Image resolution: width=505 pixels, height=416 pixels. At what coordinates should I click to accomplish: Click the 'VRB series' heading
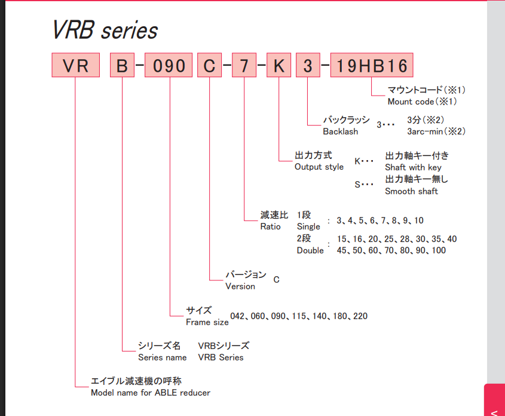[105, 30]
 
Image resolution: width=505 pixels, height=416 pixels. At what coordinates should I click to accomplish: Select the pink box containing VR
[75, 66]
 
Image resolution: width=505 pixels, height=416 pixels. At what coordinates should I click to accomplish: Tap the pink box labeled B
[122, 66]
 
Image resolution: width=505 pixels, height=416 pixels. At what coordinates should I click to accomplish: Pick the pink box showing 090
[170, 66]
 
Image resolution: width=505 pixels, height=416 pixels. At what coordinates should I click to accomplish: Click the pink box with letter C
[209, 66]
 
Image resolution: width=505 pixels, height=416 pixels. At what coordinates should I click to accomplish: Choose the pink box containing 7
[244, 66]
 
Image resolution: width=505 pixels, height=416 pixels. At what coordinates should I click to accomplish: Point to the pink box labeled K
[278, 66]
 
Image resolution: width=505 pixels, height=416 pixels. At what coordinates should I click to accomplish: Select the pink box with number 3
[308, 66]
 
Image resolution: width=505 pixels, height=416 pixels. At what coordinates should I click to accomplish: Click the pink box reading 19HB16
[371, 66]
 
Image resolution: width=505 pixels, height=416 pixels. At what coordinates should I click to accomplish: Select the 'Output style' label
[319, 167]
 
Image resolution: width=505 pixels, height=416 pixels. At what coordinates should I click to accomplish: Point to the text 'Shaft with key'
[413, 167]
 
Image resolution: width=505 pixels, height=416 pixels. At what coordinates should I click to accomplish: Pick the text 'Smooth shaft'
[411, 191]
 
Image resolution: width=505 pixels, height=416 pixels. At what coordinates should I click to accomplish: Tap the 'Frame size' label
[207, 322]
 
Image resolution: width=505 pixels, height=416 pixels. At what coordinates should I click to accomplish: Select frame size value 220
[360, 316]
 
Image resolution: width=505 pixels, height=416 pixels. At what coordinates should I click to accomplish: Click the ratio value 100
[438, 250]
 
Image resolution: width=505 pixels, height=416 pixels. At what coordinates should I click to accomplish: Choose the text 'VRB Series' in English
[221, 357]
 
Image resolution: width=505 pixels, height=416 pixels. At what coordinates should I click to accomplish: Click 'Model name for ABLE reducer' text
[150, 393]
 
